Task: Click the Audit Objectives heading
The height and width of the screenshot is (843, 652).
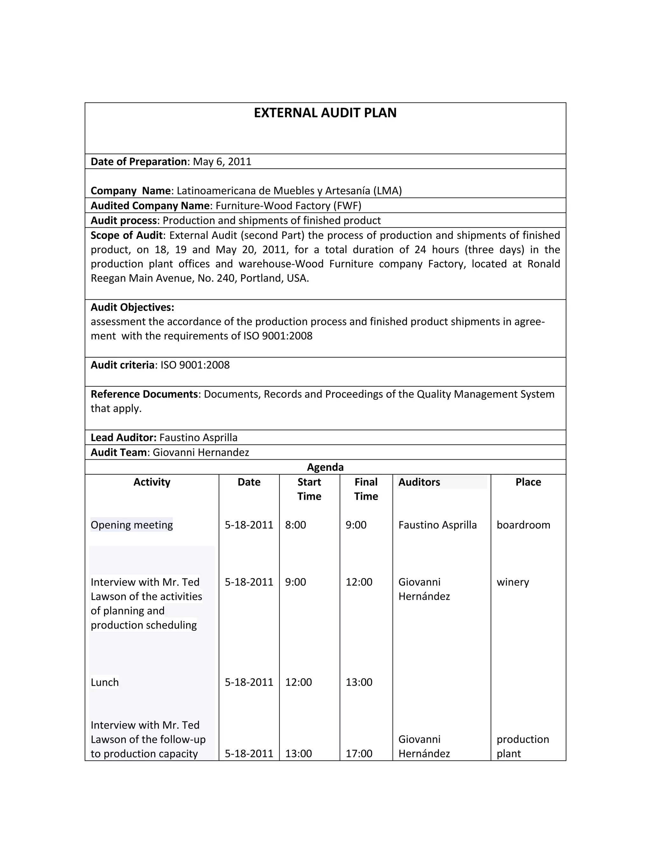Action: [x=132, y=307]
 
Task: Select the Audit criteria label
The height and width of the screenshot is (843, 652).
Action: [x=122, y=365]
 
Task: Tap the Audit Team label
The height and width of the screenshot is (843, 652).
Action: [x=118, y=452]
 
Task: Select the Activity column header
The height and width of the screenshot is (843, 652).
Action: [x=152, y=482]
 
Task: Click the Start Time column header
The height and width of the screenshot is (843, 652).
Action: [x=309, y=489]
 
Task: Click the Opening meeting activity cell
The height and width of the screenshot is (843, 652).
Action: [x=132, y=525]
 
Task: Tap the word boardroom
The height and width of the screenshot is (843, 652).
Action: [x=523, y=525]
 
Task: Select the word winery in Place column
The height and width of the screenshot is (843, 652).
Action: [x=513, y=582]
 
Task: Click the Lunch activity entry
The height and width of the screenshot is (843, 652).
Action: [x=105, y=682]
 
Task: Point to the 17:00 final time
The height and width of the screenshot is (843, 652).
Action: [x=358, y=753]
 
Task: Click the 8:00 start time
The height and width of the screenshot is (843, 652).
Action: [x=295, y=525]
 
